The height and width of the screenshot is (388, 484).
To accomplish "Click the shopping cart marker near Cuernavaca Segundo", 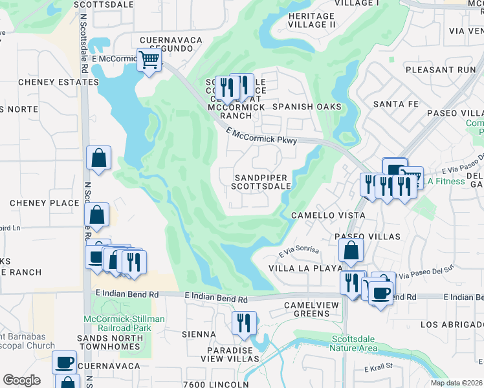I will pyautogui.click(x=149, y=60).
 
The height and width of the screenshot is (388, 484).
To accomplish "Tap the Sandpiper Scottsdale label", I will pyautogui.click(x=262, y=182).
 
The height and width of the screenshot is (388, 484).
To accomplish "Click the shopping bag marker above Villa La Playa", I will pyautogui.click(x=350, y=251).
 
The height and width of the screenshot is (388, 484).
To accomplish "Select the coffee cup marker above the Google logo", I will pyautogui.click(x=64, y=363).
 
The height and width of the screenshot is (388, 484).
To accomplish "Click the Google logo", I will pyautogui.click(x=21, y=380).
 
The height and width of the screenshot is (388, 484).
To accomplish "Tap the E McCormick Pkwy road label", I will pyautogui.click(x=261, y=136).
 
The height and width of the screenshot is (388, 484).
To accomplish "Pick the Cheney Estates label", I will pyautogui.click(x=49, y=82).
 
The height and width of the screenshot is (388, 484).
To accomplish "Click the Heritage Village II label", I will pyautogui.click(x=312, y=20).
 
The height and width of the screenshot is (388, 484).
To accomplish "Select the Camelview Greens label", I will pyautogui.click(x=307, y=308).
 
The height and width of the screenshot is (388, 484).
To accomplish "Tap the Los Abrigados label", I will pyautogui.click(x=452, y=324).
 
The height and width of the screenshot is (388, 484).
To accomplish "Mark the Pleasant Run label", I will pyautogui.click(x=441, y=69).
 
